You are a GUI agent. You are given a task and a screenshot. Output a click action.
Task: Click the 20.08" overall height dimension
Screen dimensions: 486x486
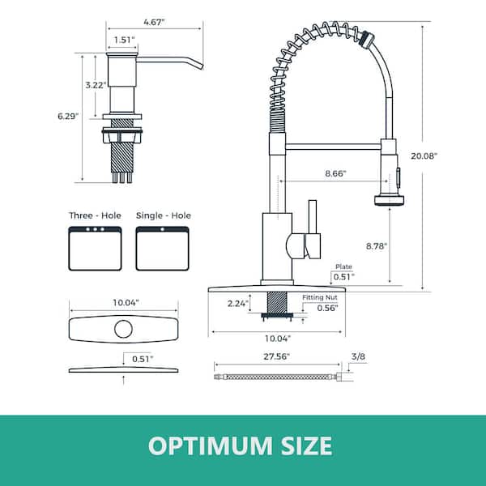[424, 156]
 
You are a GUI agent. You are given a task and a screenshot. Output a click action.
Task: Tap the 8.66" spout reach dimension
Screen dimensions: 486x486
[335, 173]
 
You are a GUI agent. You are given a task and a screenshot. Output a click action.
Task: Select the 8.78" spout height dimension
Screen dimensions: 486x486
[377, 246]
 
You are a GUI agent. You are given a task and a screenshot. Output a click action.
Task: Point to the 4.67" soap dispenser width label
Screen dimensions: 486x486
[155, 23]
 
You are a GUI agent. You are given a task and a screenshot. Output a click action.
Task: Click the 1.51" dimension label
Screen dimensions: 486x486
[124, 40]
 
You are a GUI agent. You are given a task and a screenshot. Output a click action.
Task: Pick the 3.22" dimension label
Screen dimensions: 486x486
[96, 85]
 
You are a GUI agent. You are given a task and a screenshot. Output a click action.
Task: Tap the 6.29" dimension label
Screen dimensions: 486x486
[68, 116]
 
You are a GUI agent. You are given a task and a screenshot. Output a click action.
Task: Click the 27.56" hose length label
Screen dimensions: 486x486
[276, 356]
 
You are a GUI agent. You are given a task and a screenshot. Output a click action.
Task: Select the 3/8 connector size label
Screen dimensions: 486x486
[358, 356]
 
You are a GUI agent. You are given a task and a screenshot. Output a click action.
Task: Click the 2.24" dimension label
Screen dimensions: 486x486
[238, 304]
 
